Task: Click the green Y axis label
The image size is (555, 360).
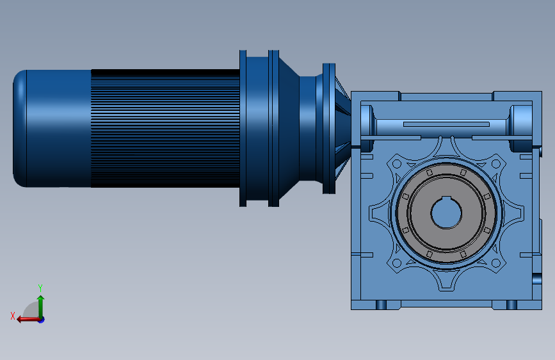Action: tap(40, 288)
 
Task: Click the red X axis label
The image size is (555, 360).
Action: tap(13, 316)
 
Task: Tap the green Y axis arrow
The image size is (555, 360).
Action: tap(41, 307)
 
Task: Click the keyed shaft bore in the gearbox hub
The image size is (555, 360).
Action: tap(446, 213)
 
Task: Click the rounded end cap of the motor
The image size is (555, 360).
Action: tap(20, 128)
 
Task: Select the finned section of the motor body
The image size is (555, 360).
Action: tap(165, 128)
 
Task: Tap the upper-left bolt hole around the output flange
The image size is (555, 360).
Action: tap(397, 164)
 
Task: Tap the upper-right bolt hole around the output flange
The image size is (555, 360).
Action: tap(496, 164)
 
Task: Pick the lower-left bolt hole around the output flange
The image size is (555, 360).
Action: tap(397, 263)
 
